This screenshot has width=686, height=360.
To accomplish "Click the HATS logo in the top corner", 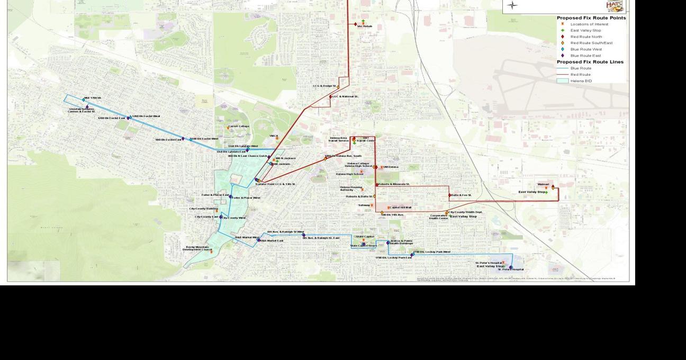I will pos(615,6).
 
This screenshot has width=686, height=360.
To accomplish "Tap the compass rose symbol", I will pos(512,6).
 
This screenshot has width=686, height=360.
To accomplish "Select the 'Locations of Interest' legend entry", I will pos(589,24).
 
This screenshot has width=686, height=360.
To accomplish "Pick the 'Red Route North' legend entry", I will pos(585,37).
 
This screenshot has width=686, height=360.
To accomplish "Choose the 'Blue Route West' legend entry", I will pos(585,49).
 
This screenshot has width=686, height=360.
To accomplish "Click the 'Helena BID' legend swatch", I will pos(562,81).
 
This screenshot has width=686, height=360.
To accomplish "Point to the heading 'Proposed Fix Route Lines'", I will pos(590,62).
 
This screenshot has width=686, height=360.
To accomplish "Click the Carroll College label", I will pos(239,127).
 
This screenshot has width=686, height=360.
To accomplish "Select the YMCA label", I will pos(274,136).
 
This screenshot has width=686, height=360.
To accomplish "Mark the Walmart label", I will pos(543,184).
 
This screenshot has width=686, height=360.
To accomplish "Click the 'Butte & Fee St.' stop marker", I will pos(450,195).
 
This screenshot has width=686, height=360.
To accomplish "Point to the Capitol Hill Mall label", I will pos(401,208).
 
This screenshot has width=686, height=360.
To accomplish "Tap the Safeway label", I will pos(364,205).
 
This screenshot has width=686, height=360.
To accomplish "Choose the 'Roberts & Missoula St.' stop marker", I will pos(377,184).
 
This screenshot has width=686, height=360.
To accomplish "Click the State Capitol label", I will pos(365,237).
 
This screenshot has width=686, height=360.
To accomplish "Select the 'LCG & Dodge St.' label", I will pos(324,86).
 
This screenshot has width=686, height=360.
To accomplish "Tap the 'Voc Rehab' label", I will pos(365,26).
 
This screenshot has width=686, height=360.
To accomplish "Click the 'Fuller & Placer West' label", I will pos(246,197).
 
